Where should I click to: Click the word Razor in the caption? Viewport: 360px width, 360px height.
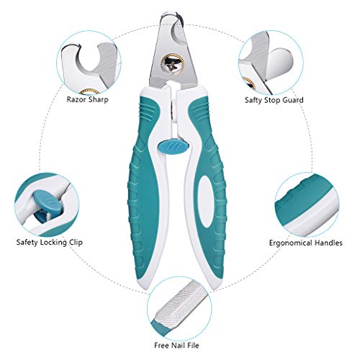tap(76, 99)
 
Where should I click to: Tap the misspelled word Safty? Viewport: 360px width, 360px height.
tap(253, 100)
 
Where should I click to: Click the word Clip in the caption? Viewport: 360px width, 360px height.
tap(76, 243)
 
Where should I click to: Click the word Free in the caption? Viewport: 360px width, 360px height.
tap(161, 346)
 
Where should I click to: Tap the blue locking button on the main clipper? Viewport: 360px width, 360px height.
tap(174, 147)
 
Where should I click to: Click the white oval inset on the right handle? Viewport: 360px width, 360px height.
tap(206, 201)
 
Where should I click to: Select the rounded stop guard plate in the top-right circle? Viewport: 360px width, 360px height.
tap(280, 64)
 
